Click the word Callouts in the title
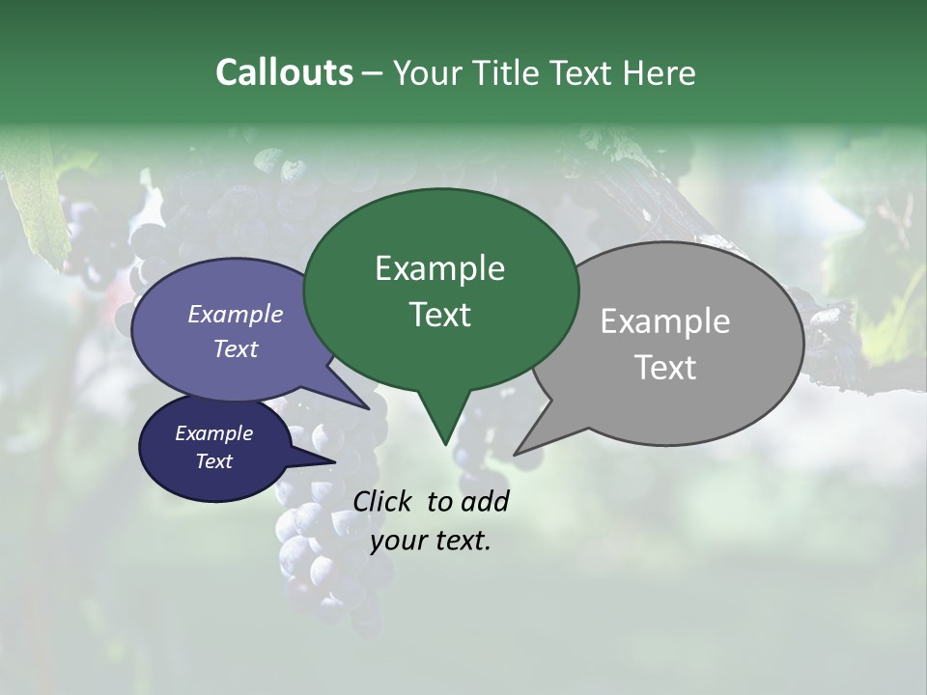point(284,72)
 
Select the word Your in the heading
point(428,72)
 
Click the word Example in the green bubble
point(439,268)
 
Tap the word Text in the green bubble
point(439,315)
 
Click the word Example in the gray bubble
point(665,321)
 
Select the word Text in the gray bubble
point(665,368)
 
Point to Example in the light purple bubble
point(236,314)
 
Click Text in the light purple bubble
point(236,348)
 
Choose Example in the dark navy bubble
point(214,433)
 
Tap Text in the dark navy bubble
point(214,461)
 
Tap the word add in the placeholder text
point(484,501)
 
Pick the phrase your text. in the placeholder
point(431,542)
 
